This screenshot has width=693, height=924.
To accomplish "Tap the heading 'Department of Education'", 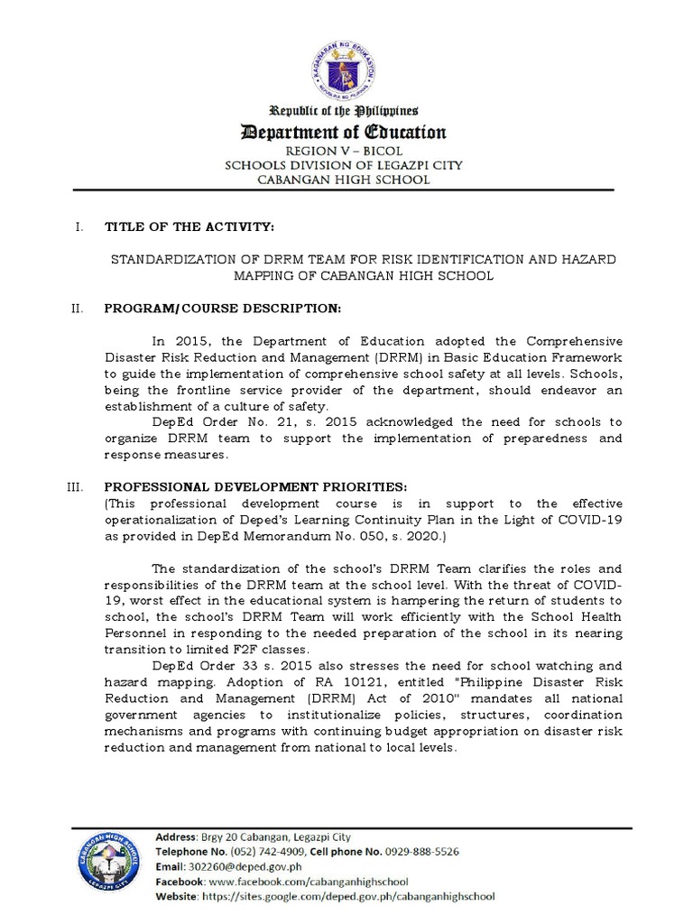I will tap(342, 133).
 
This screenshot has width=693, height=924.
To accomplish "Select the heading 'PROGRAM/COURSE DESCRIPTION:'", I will tap(223, 309).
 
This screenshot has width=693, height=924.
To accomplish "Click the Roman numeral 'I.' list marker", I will tap(78, 225).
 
